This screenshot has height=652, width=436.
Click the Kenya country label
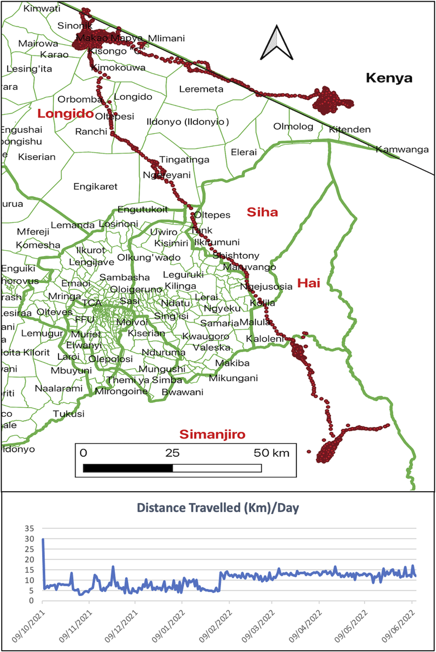pos(389,78)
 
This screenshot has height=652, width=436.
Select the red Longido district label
pos(65,113)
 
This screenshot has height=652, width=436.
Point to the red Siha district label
pos(262,212)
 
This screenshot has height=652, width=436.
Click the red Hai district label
pos(308,283)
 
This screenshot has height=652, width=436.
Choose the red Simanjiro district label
pos(212,434)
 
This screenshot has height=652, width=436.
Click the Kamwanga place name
pos(402,149)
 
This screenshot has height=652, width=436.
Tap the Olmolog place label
pos(293,126)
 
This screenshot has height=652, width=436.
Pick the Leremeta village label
pos(201,89)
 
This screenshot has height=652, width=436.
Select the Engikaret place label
pos(95,187)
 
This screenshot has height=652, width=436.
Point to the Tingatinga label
pos(184,160)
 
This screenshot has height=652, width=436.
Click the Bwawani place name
pos(182,392)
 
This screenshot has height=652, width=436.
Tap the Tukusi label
pos(69,414)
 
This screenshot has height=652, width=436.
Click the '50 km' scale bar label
pos(271,453)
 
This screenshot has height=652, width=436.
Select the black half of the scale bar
pos(128,468)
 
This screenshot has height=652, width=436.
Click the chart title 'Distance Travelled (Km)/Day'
pos(218,508)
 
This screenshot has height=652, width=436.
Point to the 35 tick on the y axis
pos(29,528)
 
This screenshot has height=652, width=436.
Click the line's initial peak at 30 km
pos(43,539)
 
